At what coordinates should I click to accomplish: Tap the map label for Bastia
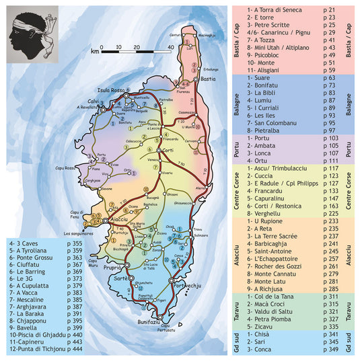207,79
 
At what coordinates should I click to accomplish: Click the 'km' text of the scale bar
96,51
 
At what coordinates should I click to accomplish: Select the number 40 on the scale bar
170,47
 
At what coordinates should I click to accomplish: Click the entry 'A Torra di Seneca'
273,11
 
